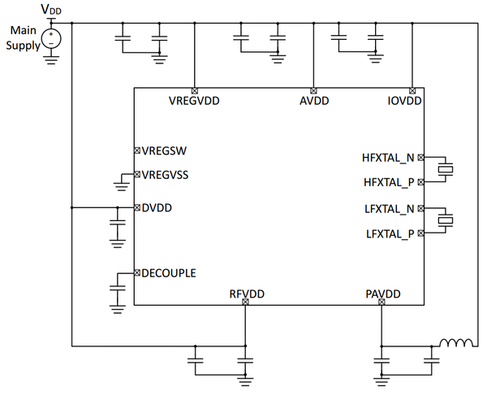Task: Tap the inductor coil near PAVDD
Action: point(457,342)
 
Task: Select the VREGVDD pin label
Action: point(194,102)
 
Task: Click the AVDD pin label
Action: point(313,102)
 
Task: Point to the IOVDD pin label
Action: point(403,102)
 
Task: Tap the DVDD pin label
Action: point(157,207)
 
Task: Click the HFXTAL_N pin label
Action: point(388,158)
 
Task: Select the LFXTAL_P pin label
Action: point(389,233)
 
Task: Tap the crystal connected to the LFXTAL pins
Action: point(446,220)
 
